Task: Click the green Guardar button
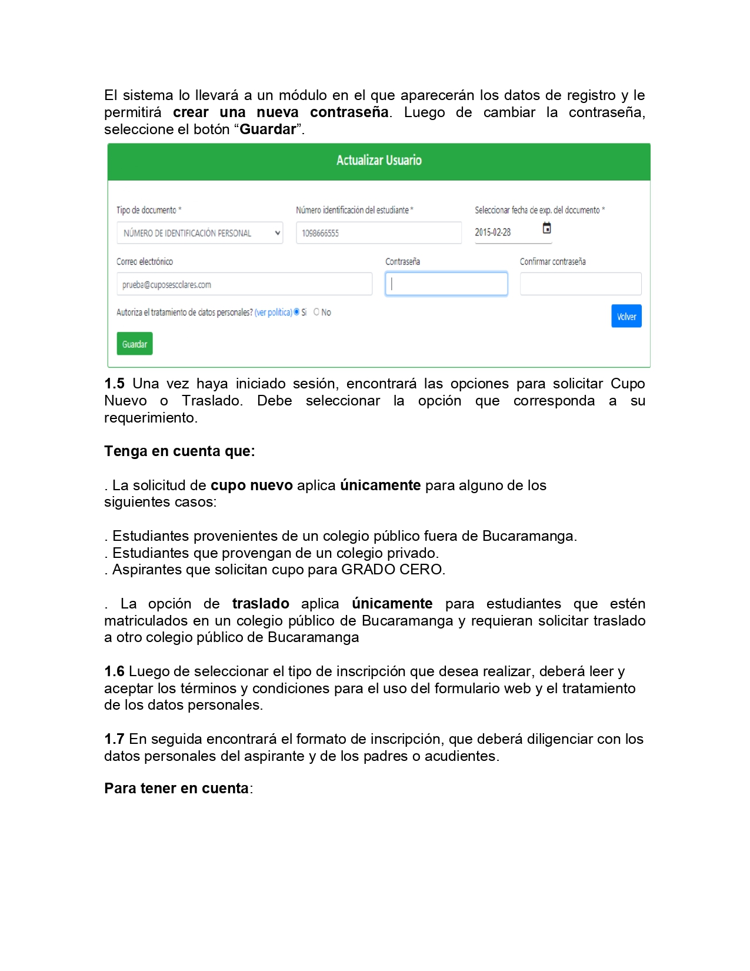[135, 344]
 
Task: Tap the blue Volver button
[626, 317]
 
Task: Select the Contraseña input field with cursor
[446, 284]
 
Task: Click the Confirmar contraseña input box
[581, 284]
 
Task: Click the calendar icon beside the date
[547, 228]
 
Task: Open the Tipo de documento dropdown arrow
[278, 233]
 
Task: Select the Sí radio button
[297, 312]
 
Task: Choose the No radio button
[316, 312]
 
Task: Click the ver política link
[274, 312]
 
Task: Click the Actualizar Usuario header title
[379, 161]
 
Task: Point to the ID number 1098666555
[321, 234]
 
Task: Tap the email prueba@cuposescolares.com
[166, 285]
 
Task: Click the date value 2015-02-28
[493, 232]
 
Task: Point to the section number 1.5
[114, 384]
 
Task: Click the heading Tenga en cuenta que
[179, 451]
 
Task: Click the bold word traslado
[261, 604]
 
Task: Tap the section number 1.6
[114, 671]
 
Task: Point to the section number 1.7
[114, 739]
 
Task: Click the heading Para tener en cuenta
[177, 789]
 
